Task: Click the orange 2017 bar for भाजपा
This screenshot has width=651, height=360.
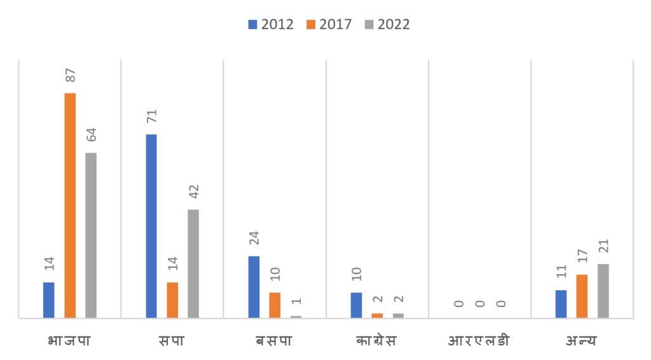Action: pos(70,205)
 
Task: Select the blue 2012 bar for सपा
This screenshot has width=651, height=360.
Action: pos(151,226)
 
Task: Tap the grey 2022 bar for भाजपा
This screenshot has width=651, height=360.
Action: pos(91,235)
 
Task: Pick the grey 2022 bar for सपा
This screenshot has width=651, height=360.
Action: pos(193,263)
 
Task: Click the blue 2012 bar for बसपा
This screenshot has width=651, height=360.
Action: pos(254,286)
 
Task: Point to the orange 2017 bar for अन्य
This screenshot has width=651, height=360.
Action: pos(582,296)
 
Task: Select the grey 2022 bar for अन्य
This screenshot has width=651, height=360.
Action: pos(603,291)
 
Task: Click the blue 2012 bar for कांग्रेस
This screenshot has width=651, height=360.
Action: pos(356,305)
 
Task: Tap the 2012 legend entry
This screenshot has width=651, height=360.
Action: pos(271,25)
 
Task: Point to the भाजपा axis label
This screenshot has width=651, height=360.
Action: pos(69,340)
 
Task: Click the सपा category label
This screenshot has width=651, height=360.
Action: pos(172,340)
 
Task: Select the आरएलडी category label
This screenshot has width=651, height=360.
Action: pos(479,340)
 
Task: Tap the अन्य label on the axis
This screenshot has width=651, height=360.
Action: pos(582,340)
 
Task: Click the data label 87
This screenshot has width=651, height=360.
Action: pos(70,74)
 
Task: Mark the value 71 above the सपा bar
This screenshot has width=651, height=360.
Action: pos(151,116)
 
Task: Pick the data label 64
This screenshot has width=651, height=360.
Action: pos(91,135)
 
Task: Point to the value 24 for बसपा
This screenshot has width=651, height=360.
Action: pos(254,238)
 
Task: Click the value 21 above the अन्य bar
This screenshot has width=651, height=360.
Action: pos(603,246)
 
